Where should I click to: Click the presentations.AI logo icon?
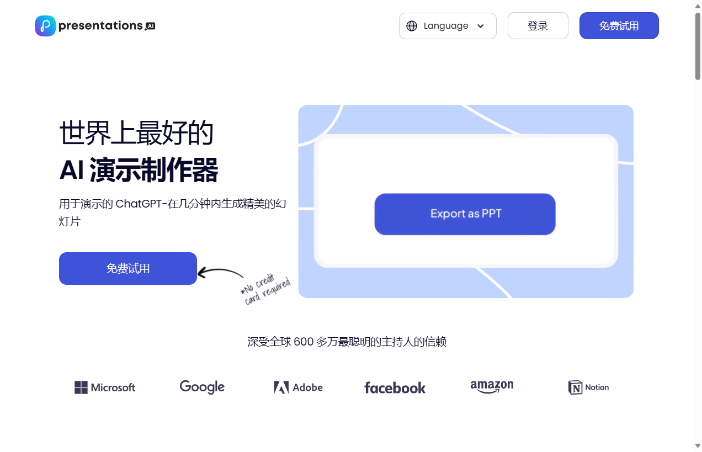tap(45, 26)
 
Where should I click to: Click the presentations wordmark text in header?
tap(100, 26)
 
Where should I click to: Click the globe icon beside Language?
tap(412, 26)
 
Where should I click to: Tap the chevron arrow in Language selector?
tap(480, 26)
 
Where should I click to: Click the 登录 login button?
tap(538, 26)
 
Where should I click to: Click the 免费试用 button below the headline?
tap(128, 269)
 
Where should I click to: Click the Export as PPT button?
tap(465, 214)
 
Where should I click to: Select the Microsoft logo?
tap(105, 387)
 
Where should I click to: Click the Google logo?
tap(202, 387)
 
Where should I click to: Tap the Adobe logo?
tap(298, 387)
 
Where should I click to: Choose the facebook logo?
tap(395, 388)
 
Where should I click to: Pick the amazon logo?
tap(492, 386)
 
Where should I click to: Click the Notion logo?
tap(588, 387)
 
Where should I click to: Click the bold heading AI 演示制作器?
tap(139, 169)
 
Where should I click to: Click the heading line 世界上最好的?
tap(136, 133)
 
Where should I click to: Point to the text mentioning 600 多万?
tap(347, 342)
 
